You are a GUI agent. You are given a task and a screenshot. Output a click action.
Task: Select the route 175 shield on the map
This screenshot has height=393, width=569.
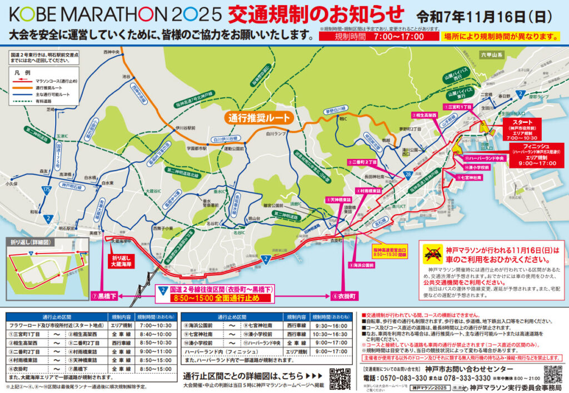coord(44,190)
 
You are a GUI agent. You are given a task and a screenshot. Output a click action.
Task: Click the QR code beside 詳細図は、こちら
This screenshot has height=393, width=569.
coord(340,378)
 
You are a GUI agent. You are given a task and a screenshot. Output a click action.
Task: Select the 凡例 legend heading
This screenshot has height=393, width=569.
coord(26,72)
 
